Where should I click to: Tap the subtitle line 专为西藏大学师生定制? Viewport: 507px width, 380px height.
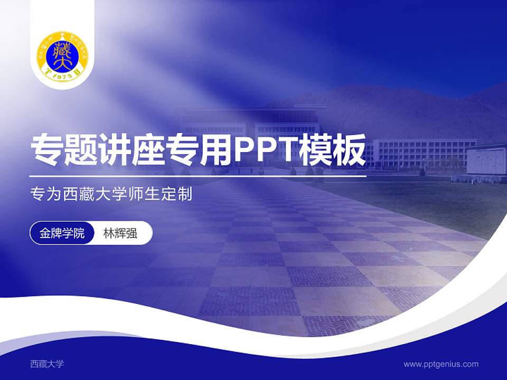111,195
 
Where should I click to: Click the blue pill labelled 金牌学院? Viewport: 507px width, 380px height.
62,233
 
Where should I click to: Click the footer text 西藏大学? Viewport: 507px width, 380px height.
46,364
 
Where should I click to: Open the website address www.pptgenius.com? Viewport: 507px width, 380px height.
441,364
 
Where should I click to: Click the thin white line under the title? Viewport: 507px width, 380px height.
198,176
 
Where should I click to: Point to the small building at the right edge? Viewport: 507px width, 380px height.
486,161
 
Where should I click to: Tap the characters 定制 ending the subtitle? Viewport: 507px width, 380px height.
179,195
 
